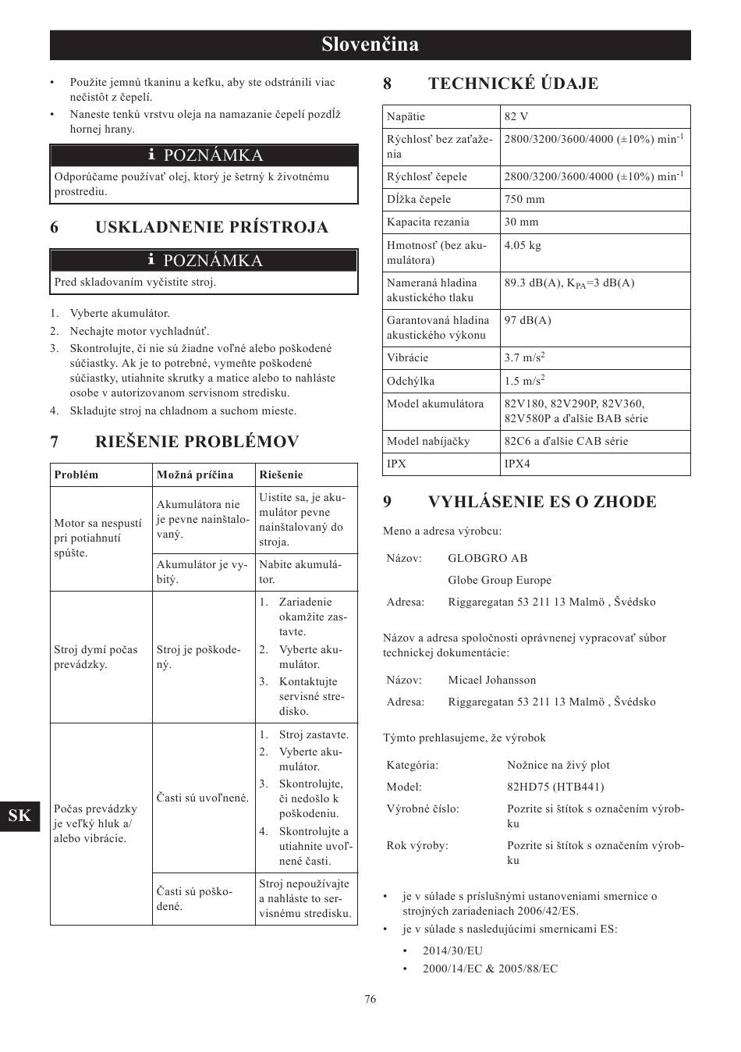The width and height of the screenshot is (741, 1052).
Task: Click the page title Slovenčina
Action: (370, 44)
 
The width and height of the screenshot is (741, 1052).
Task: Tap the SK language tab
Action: (20, 816)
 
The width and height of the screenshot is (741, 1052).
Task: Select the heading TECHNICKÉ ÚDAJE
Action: (512, 84)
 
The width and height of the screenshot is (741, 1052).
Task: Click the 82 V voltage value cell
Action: (516, 116)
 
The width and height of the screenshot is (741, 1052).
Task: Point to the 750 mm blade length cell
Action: (524, 199)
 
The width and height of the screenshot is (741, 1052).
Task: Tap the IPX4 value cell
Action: (517, 464)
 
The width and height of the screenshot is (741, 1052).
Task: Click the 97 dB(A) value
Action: (527, 320)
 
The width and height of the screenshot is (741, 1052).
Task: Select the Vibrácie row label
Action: (407, 357)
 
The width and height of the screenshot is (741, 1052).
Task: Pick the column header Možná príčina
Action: (195, 474)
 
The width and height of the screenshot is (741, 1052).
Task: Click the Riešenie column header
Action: (281, 474)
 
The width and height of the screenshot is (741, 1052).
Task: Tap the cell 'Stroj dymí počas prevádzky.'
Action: (96, 657)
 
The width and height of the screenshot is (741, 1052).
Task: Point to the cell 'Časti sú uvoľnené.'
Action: (203, 798)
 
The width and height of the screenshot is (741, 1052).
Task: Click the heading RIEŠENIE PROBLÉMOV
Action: (197, 442)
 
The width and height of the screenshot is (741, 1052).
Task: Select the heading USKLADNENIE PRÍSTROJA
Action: (211, 227)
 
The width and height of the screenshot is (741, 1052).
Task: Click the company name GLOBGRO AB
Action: (487, 558)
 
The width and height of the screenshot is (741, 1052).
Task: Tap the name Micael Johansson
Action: (491, 680)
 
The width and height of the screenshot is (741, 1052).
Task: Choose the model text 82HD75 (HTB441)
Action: (555, 787)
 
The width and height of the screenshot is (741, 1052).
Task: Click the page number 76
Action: (370, 999)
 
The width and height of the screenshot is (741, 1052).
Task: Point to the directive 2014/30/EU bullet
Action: (452, 951)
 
